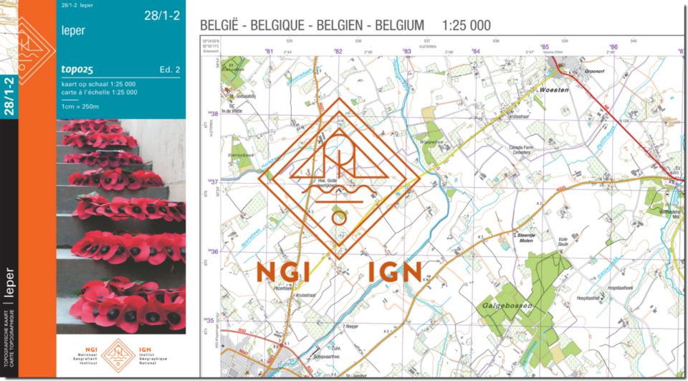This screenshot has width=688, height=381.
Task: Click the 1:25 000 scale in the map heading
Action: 467,25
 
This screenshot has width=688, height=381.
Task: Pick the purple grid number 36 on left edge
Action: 213,252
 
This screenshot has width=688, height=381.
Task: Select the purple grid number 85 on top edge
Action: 545,47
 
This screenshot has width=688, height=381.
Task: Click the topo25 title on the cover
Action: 78,70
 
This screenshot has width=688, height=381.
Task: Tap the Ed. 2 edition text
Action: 170,70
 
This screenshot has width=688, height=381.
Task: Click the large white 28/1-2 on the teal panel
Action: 163,15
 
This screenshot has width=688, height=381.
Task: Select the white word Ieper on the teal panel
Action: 74,32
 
